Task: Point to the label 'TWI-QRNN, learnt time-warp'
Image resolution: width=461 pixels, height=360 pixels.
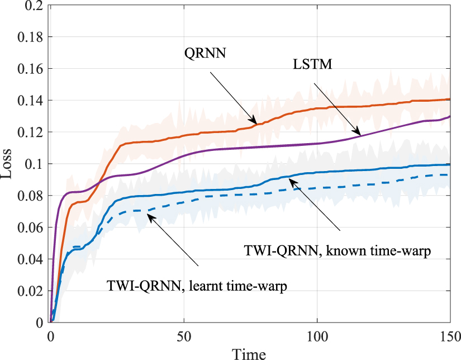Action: pos(198,287)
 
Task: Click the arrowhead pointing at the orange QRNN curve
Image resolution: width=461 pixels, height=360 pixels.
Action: pos(255,122)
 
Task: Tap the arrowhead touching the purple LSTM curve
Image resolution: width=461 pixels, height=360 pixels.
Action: pos(358,134)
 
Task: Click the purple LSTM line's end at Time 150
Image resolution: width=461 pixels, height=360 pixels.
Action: pos(450,117)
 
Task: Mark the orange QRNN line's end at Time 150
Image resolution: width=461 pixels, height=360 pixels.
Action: pos(450,99)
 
